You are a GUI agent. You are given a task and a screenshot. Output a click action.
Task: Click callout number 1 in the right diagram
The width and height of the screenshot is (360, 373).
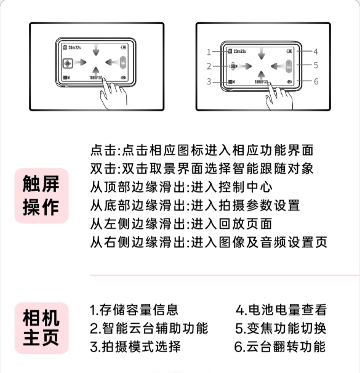tap(209, 52)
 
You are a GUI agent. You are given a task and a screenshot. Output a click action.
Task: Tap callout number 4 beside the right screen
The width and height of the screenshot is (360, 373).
tap(316, 52)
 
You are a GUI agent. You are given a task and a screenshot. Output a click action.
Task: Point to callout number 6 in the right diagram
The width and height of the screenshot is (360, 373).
tap(316, 82)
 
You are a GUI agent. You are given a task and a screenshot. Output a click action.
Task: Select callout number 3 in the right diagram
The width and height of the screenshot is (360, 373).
tap(209, 82)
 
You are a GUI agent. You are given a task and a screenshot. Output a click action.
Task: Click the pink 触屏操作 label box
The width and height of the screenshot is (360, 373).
tap(42, 196)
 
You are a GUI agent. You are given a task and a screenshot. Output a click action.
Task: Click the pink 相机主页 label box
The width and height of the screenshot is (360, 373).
tap(42, 328)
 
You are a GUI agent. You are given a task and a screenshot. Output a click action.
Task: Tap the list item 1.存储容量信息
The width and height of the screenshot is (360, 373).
tap(134, 310)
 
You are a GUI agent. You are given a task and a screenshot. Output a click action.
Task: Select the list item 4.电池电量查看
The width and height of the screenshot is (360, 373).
tap(281, 310)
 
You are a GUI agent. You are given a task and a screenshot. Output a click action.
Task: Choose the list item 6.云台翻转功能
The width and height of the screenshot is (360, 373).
tap(280, 347)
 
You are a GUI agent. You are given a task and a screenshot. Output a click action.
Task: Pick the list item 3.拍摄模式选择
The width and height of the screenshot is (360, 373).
tap(135, 347)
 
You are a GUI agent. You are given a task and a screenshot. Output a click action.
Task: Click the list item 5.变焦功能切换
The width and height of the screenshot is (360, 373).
tap(281, 328)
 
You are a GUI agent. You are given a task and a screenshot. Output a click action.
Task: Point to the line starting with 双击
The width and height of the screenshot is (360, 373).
tap(202, 169)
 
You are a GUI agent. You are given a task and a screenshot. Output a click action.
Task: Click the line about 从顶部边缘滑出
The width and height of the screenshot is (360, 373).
tap(181, 187)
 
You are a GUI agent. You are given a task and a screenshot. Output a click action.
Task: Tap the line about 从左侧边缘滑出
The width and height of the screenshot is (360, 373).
tap(181, 224)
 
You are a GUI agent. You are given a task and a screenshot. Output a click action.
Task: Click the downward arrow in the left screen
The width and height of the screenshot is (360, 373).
tap(96, 50)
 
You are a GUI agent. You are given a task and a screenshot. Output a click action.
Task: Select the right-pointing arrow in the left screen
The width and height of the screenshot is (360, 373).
tap(80, 63)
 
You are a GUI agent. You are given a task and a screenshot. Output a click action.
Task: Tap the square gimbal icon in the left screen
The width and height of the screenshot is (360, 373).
tap(68, 63)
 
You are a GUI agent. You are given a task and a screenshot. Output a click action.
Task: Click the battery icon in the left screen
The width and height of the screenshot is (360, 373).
tap(124, 47)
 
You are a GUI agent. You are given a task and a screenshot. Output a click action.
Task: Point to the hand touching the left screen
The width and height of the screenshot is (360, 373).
tap(113, 94)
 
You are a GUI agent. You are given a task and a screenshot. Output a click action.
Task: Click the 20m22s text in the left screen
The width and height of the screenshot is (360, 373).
tap(74, 47)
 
